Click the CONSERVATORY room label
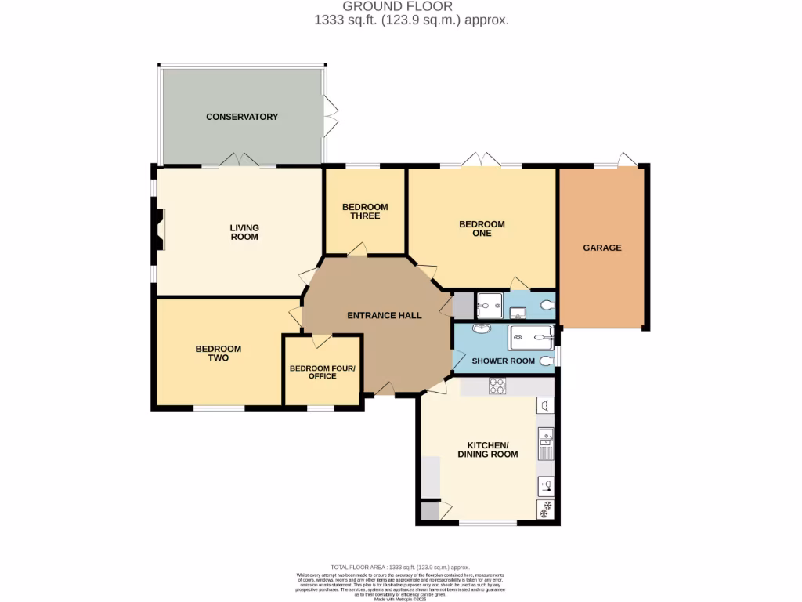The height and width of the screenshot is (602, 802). (242, 117)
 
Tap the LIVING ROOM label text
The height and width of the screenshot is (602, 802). (244, 232)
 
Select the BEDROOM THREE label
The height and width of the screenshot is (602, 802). (365, 212)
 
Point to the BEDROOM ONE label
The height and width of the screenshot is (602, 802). (482, 228)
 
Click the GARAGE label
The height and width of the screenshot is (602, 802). (601, 248)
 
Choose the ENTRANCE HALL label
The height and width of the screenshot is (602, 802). (384, 316)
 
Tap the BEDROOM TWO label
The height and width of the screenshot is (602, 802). (218, 354)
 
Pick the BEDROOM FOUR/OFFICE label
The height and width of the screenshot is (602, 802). (322, 372)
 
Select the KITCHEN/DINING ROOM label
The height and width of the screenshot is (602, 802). (487, 450)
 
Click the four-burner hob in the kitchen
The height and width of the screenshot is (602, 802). (497, 386)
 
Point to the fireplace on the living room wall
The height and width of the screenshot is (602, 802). (159, 230)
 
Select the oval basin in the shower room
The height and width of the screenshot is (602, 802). (482, 329)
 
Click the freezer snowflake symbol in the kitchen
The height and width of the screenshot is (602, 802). (546, 510)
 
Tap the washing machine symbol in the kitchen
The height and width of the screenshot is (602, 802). (546, 404)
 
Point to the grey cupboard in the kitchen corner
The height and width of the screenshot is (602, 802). (430, 511)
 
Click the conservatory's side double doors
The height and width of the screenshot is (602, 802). (330, 116)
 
